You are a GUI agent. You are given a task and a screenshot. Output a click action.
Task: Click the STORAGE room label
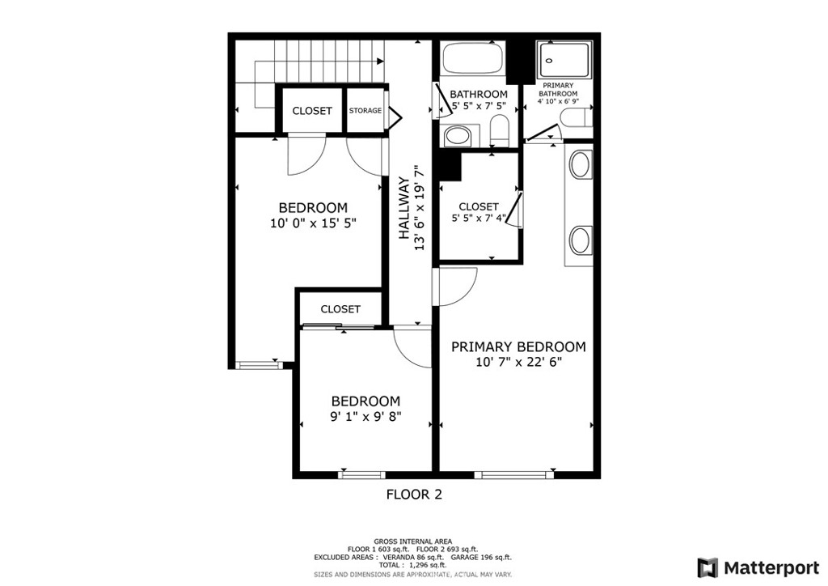coord(365,110)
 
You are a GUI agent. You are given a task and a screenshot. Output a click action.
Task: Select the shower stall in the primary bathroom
coord(564,60)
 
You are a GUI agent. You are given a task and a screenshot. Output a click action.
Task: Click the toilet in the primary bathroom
coord(576,118)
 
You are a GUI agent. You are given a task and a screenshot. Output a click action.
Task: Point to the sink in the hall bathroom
coord(458,135)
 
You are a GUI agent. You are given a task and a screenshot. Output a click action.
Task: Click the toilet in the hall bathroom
coord(499,130)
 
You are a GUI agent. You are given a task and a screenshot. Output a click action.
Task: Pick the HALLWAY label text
coord(404,208)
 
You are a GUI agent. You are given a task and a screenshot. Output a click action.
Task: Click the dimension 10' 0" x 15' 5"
coord(313,223)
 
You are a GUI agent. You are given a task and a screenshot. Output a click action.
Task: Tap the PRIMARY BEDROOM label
coord(518,346)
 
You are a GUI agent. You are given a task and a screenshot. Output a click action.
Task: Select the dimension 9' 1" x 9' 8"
coord(366,416)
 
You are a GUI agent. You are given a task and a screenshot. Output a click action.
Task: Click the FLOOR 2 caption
coord(414,495)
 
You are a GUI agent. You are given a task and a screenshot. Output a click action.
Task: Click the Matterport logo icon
coord(708,568)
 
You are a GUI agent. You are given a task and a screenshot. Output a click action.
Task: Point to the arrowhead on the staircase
coord(380,62)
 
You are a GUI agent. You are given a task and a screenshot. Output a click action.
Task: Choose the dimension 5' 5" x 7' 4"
coord(479,218)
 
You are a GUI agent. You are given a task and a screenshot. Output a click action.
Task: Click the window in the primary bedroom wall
coord(513,474)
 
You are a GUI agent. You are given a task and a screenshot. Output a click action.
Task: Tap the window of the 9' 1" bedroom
coord(361,474)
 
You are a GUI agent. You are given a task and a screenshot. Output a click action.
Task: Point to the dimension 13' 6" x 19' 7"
coord(420,208)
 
